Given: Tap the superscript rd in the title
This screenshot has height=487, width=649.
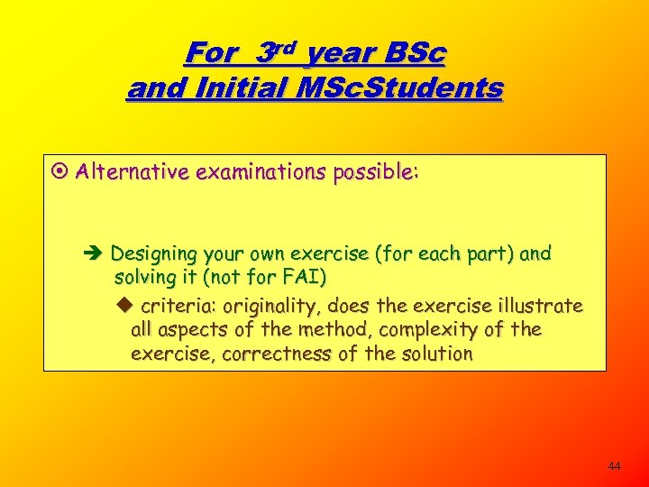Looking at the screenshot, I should (283, 47).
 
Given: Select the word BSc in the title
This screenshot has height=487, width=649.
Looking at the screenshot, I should (414, 53).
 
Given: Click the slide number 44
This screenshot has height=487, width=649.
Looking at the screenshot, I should (615, 466).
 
